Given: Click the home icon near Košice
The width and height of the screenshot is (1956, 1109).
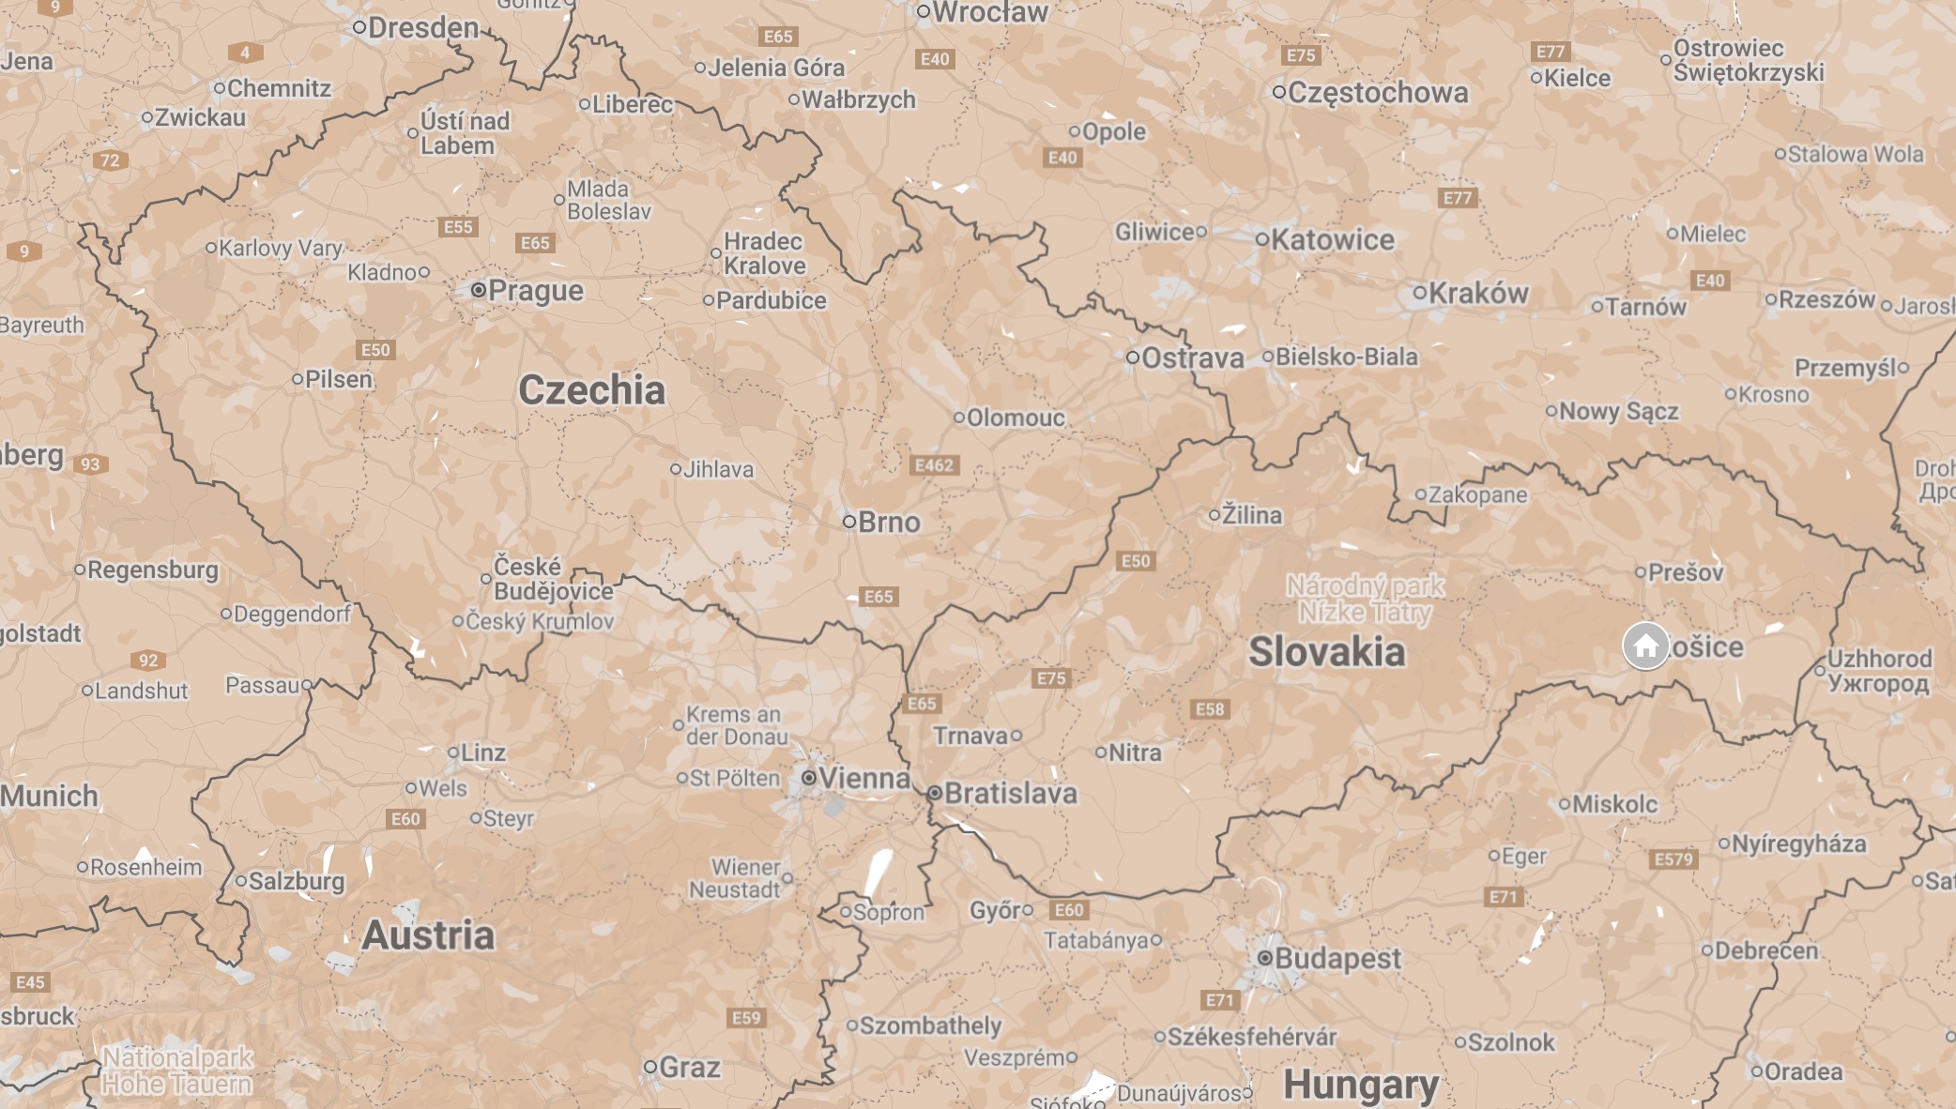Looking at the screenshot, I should tap(1645, 646).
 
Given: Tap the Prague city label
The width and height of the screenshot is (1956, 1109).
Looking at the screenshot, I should tap(535, 291).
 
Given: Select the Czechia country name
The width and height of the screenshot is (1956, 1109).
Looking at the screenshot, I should tap(591, 390).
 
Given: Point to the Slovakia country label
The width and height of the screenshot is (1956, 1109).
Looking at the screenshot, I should tap(1326, 652).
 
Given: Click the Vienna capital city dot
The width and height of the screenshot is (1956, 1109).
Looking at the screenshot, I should tap(808, 778).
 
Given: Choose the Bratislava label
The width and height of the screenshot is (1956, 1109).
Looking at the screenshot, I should tap(1010, 794).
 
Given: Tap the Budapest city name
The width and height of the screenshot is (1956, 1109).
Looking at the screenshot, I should tap(1337, 958).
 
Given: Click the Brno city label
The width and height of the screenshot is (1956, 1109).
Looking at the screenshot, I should tap(888, 523).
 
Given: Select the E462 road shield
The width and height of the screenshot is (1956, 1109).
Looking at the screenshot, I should tap(934, 465).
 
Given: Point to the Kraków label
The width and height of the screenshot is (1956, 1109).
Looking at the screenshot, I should tap(1478, 294).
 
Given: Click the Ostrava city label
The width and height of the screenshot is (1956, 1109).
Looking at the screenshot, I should tap(1192, 358).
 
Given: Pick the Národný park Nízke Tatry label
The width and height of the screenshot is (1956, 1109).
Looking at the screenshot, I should tap(1366, 599).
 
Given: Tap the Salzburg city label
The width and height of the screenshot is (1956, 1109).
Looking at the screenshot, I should tap(296, 882).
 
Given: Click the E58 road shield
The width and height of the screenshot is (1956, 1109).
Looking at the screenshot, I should tap(1210, 709).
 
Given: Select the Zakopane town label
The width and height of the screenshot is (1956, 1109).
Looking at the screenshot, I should tap(1477, 494).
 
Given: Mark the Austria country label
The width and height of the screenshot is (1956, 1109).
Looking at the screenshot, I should tap(428, 935).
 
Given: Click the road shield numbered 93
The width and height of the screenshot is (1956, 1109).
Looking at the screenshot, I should tap(90, 464).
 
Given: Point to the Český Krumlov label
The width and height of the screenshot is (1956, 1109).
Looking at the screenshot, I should tap(540, 621).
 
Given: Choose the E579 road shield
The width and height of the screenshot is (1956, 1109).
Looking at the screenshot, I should tap(1673, 859).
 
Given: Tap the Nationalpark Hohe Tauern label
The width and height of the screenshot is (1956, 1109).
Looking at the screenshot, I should tap(177, 1071).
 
